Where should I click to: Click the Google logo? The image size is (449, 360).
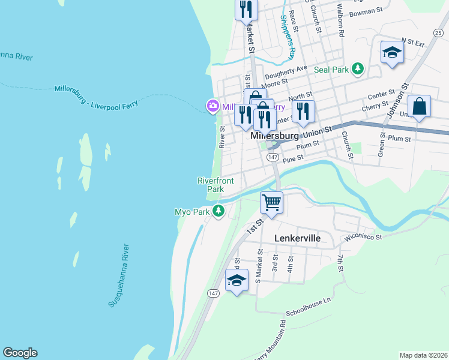[20, 353]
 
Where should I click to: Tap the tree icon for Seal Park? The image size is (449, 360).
[358, 70]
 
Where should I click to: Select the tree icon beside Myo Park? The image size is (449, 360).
[219, 211]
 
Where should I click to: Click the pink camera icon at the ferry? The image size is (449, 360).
[212, 107]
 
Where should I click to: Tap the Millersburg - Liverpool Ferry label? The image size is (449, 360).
[96, 96]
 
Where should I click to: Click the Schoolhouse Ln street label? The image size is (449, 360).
[309, 305]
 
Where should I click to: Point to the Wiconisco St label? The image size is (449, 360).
[362, 237]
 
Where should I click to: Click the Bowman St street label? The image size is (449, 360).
[366, 11]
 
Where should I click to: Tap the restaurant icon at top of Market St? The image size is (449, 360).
[247, 9]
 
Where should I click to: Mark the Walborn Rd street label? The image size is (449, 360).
[340, 18]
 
